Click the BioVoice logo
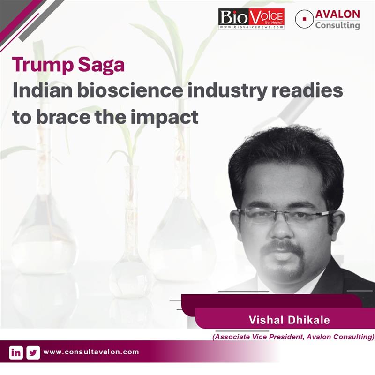click(251, 19)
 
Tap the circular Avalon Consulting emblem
click(304, 19)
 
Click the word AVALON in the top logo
click(337, 14)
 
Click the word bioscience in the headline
click(130, 90)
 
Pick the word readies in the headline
click(307, 90)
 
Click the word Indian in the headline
click(42, 90)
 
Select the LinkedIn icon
click(16, 353)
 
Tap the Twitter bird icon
click(33, 353)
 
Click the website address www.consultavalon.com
click(91, 352)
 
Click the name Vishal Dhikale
click(289, 320)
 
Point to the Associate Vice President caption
click(293, 337)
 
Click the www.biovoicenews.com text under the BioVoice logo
click(251, 27)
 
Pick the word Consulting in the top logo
click(337, 25)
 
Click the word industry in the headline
click(227, 90)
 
